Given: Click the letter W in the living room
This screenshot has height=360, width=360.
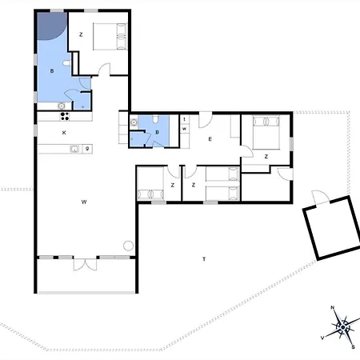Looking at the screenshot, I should tap(83, 202).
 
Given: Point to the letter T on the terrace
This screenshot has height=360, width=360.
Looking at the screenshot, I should tap(204, 259).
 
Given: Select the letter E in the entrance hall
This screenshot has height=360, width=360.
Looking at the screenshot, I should tap(210, 139).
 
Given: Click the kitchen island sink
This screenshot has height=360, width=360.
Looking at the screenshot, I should tap(74, 148).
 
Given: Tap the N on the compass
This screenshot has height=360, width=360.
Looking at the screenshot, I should tap(333, 308).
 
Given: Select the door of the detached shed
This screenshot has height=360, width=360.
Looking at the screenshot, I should tap(318, 198).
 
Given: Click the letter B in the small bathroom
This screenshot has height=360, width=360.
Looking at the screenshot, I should tap(157, 133).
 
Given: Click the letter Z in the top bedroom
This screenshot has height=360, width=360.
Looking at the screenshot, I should tap(81, 34).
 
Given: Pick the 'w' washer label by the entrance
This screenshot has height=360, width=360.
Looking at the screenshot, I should tap(184, 128).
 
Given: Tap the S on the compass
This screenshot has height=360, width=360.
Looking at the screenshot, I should tap(353, 346).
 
